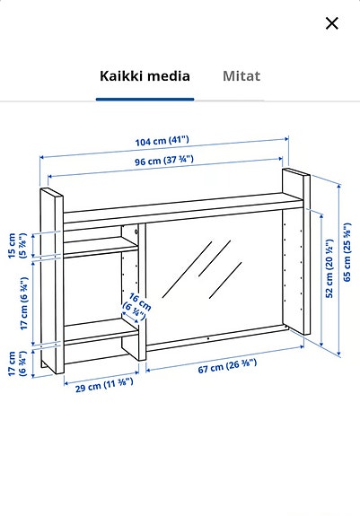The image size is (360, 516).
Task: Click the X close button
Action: (332, 23)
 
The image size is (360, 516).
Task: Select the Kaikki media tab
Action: (144, 76)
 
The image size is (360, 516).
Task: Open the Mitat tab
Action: (241, 76)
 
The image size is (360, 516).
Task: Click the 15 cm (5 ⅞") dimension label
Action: (18, 244)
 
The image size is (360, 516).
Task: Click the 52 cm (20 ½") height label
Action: (329, 268)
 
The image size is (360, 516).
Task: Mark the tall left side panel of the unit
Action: (51, 278)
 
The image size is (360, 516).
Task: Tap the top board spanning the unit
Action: (171, 209)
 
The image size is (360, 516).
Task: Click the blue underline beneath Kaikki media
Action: (144, 99)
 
